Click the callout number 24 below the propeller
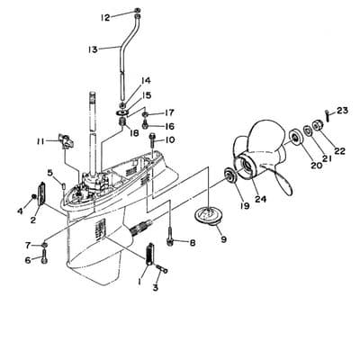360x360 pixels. click(x=260, y=199)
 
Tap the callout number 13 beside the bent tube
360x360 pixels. click(x=93, y=49)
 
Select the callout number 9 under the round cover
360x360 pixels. click(x=223, y=239)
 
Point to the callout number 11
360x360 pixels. click(x=40, y=141)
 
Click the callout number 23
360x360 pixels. click(x=342, y=111)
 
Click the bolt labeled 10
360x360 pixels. click(x=152, y=139)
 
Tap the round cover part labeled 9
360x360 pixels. click(x=209, y=217)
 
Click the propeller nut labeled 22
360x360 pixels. click(x=318, y=124)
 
